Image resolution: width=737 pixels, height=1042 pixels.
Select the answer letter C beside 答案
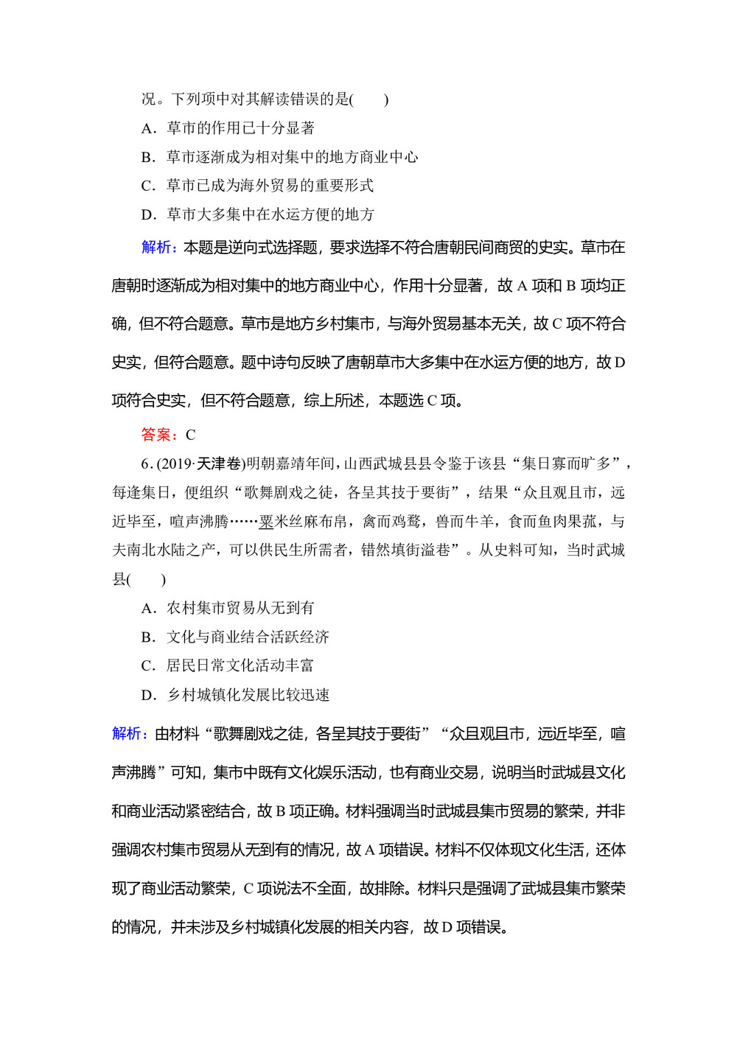coord(190,435)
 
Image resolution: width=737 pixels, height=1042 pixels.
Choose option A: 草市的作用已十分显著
coord(228,128)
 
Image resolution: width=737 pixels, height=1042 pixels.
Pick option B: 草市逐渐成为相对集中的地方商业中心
coord(279,157)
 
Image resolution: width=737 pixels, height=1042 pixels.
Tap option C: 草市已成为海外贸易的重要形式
coord(257,186)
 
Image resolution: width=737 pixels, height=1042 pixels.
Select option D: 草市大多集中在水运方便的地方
coord(257,214)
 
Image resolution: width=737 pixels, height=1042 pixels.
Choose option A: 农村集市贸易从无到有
coord(228,608)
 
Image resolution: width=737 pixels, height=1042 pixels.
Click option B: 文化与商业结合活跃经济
coord(235,637)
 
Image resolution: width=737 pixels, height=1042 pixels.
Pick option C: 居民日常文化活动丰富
coord(228,665)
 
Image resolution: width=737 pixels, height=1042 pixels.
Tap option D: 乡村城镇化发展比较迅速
coord(235,695)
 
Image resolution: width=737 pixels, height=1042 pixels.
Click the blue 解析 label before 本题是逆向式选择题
coord(158,248)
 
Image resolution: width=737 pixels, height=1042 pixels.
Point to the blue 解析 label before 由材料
coord(129,734)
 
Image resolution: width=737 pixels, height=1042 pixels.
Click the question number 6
coord(145,464)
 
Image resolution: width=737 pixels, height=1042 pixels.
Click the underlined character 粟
coord(266,522)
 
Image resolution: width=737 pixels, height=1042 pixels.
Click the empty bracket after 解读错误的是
coord(371,99)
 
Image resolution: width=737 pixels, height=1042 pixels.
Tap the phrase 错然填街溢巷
coord(405,550)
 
